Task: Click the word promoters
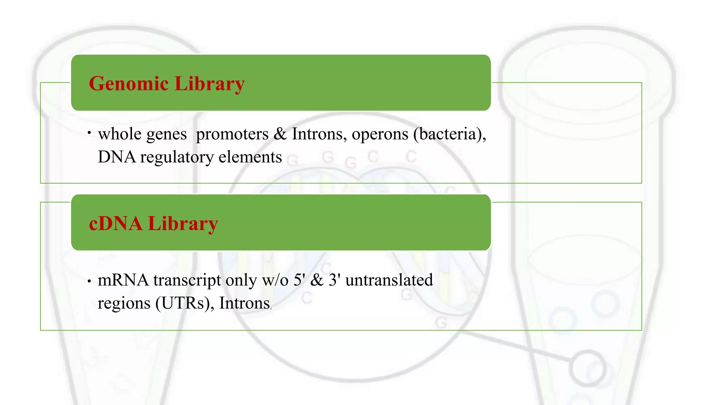[232, 134]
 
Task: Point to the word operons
[380, 134]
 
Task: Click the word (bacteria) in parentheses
[449, 134]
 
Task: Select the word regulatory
[177, 157]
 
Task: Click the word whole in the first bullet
[120, 134]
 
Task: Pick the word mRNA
[123, 280]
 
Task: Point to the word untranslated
[389, 280]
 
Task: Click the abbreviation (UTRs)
[185, 303]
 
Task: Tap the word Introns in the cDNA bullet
[244, 303]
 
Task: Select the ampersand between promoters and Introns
[280, 134]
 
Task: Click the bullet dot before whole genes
[90, 133]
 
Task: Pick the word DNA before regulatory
[117, 157]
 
